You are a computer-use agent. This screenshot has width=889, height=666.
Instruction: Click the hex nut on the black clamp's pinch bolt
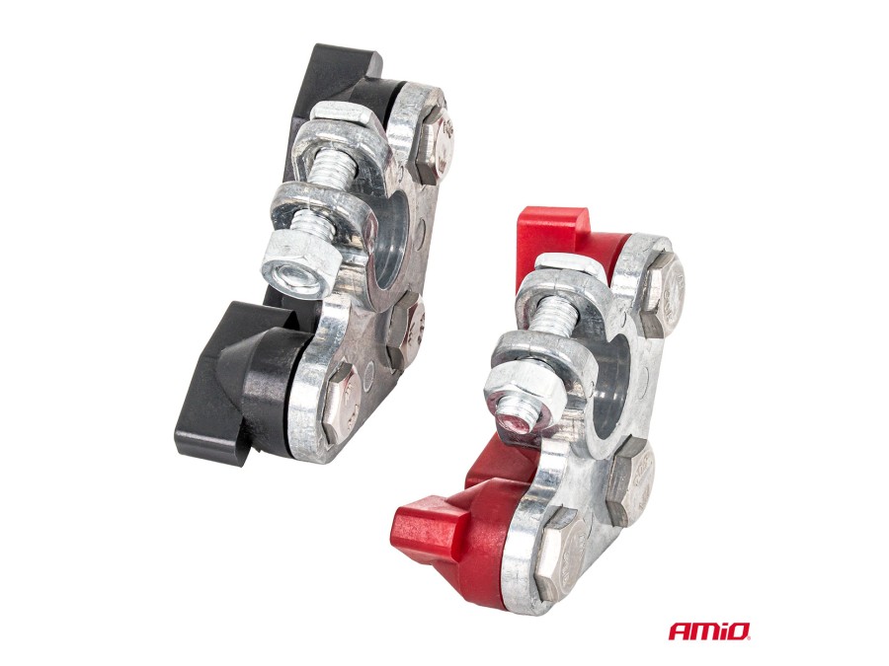[299, 263]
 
